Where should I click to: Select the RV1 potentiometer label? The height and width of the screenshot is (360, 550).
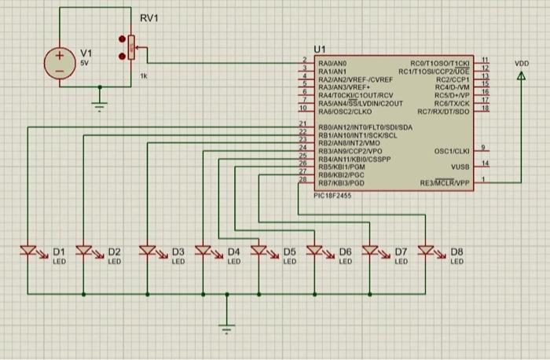pyautogui.click(x=149, y=18)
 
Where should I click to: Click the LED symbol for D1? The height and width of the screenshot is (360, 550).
pyautogui.click(x=28, y=252)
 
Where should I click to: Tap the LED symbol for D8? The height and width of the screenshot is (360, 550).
pyautogui.click(x=427, y=252)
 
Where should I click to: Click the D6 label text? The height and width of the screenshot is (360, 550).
pyautogui.click(x=345, y=252)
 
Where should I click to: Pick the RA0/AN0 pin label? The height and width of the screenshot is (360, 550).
pyautogui.click(x=332, y=61)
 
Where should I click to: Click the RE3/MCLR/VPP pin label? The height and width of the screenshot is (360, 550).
pyautogui.click(x=444, y=182)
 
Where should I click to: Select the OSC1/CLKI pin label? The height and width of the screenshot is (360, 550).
pyautogui.click(x=451, y=150)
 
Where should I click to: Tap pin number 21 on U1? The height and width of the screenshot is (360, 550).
pyautogui.click(x=302, y=123)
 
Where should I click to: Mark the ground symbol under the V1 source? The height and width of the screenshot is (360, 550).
pyautogui.click(x=99, y=105)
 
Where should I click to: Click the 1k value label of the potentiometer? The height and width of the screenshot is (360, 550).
pyautogui.click(x=143, y=77)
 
